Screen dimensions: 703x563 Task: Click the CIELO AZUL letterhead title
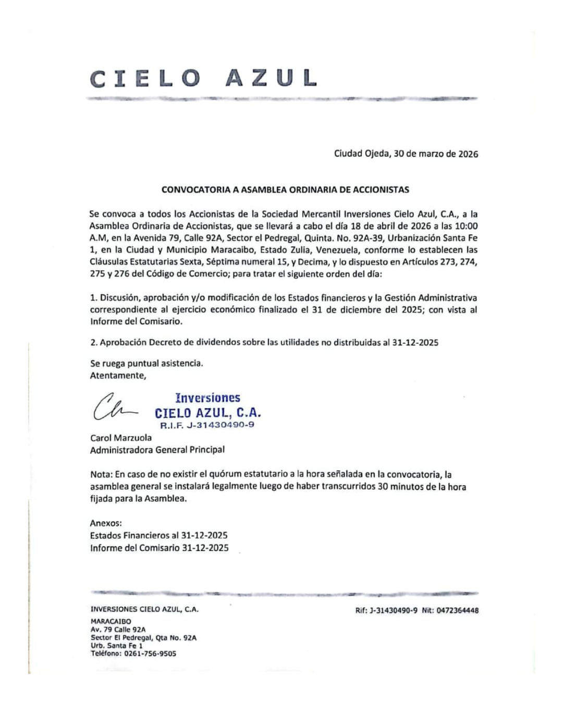point(203,79)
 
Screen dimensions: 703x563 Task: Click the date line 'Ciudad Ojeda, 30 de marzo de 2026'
point(406,154)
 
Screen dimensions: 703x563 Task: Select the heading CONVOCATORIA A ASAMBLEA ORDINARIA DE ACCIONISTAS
point(285,190)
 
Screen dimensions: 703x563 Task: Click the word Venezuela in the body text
point(337,250)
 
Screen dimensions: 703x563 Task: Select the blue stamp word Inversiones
point(207,398)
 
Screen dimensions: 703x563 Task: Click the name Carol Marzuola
point(121,438)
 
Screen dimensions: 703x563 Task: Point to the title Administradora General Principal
point(157,450)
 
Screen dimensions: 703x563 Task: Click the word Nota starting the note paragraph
point(100,474)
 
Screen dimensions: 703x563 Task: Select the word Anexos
point(106,523)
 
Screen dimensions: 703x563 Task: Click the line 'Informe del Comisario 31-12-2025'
point(159,548)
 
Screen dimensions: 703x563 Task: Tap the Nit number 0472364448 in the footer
point(458,610)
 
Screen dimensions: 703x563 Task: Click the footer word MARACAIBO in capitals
point(111,621)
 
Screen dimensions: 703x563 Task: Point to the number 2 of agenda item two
point(93,343)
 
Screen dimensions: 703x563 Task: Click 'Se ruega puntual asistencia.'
point(146,363)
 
